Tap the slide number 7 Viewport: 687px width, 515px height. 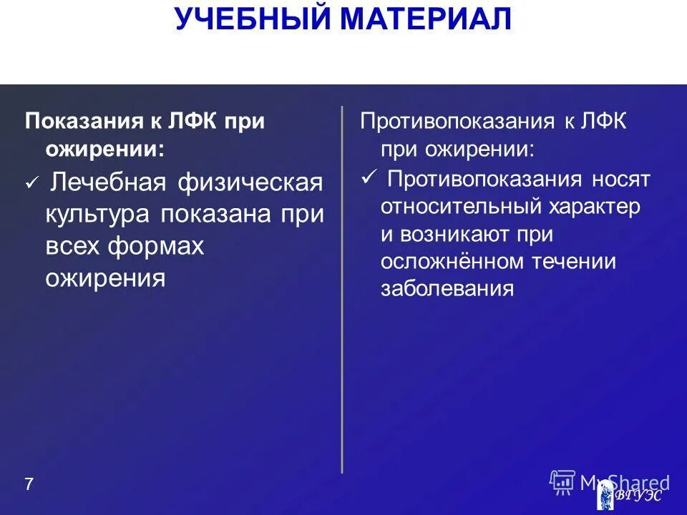click(29, 484)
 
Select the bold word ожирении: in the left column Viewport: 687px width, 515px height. click(104, 149)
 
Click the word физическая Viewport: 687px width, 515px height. click(250, 183)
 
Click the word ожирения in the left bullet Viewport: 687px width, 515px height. click(105, 278)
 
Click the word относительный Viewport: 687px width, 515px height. click(460, 207)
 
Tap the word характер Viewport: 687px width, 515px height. click(594, 207)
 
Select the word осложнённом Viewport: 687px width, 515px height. click(452, 261)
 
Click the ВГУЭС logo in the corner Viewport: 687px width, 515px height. click(630, 495)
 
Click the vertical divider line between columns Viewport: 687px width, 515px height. click(342, 286)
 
